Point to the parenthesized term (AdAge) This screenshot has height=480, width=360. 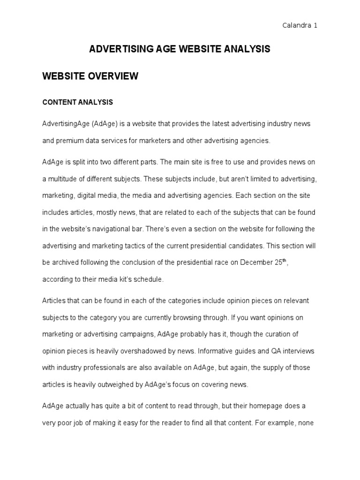(x=105, y=123)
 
